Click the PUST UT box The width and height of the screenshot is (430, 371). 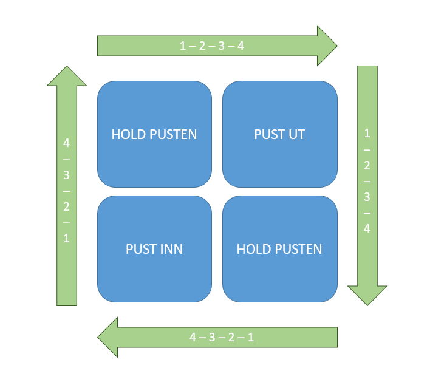pos(279,134)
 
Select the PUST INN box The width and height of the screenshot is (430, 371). pos(154,249)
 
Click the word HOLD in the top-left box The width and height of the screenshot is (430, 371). pos(126,134)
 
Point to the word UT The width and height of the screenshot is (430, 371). pos(296,134)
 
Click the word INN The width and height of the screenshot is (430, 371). pos(172,249)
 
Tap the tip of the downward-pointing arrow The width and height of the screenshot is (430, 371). pos(367,304)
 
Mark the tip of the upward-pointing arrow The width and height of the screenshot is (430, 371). pos(67,66)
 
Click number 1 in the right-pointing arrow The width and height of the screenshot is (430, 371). pos(183,46)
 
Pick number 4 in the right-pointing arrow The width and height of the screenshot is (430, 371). pos(241,46)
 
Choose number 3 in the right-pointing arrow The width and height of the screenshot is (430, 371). pos(221,46)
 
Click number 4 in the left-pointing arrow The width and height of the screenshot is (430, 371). pos(193,338)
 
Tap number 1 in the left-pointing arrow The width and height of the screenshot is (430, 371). pos(250,338)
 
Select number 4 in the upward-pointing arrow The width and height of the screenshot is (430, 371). pos(67,143)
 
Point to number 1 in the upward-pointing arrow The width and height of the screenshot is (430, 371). pos(67,239)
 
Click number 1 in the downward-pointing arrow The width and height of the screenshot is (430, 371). pos(367,133)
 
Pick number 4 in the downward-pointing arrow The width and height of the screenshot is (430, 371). pos(367,228)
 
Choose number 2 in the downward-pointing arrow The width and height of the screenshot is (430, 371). pos(367,165)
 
